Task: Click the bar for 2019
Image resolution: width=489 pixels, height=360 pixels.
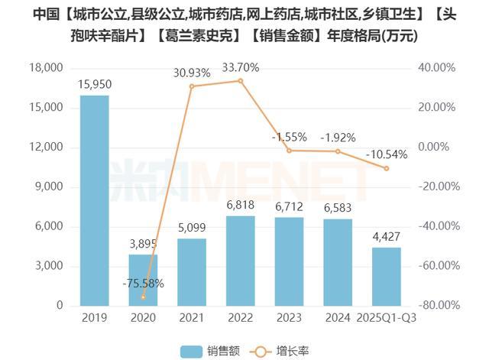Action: coord(94,200)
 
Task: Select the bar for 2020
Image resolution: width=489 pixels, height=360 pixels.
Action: coord(143,280)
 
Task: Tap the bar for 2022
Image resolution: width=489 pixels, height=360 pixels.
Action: coord(240,261)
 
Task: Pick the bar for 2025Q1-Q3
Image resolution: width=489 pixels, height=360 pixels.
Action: coord(386,276)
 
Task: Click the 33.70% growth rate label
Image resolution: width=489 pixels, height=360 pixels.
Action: coord(240,67)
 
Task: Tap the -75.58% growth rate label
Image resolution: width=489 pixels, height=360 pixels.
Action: coord(143,284)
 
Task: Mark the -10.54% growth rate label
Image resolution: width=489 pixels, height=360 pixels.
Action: coord(387,154)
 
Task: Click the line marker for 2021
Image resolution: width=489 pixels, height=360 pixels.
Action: coord(192,86)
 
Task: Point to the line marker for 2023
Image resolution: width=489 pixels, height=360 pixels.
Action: coord(289,151)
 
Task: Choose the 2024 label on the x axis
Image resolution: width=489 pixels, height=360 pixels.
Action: coord(337,317)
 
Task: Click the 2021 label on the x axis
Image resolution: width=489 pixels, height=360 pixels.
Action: coord(191,317)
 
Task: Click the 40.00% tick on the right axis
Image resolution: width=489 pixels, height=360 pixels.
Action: coord(439,68)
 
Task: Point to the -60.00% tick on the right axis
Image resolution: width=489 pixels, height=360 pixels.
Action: coord(437,266)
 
